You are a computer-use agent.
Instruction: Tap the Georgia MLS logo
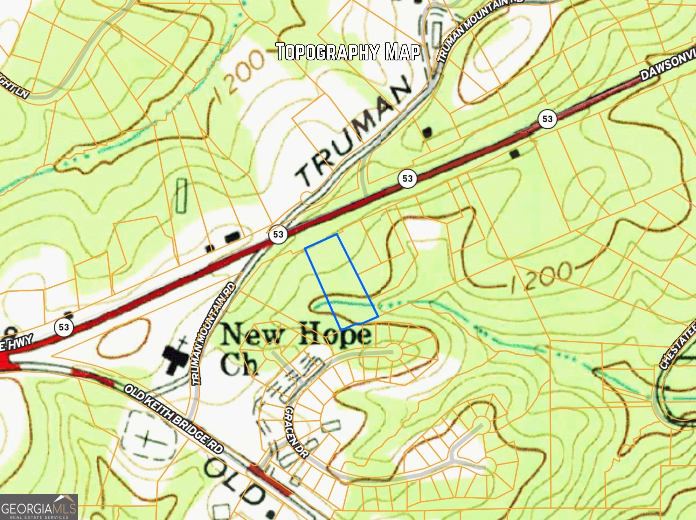pos(39,507)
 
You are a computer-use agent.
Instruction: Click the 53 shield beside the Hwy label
pos(64,327)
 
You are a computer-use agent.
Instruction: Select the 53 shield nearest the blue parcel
pos(278,235)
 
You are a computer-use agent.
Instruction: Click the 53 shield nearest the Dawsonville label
pos(547,119)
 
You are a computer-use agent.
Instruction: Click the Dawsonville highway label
pos(667,66)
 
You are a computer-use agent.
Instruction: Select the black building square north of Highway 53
pos(427,132)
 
